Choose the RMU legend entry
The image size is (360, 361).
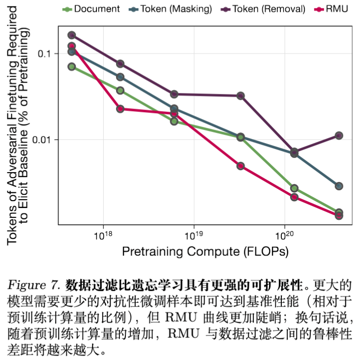coord(333,9)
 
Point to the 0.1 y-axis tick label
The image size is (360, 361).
coord(44,54)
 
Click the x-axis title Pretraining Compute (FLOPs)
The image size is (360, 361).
coord(205,252)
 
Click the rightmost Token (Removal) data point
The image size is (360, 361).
coord(339,136)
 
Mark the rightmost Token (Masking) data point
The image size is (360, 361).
coord(339,186)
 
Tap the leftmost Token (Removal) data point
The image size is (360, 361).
coord(72,35)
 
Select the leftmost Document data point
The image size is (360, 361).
coord(72,66)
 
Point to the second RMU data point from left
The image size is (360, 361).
coord(120,109)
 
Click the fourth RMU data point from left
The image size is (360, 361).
coord(240,166)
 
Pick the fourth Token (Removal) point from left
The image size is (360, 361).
coord(240,95)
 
